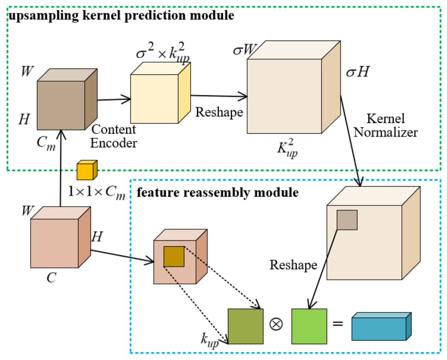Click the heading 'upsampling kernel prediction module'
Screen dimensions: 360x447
[x=121, y=16]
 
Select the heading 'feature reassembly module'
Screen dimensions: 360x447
[x=218, y=193]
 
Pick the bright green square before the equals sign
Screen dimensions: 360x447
[x=309, y=326]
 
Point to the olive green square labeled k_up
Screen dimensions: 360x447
[x=245, y=326]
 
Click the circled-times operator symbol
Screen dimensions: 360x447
[x=276, y=323]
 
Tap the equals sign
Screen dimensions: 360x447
[x=337, y=323]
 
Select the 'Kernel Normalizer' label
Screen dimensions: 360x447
[x=385, y=126]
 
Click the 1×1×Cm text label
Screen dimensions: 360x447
[x=96, y=192]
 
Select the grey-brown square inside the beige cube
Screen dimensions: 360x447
[x=347, y=220]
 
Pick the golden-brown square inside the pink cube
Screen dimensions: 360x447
[x=174, y=257]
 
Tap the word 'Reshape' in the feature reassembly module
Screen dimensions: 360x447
[x=294, y=265]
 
